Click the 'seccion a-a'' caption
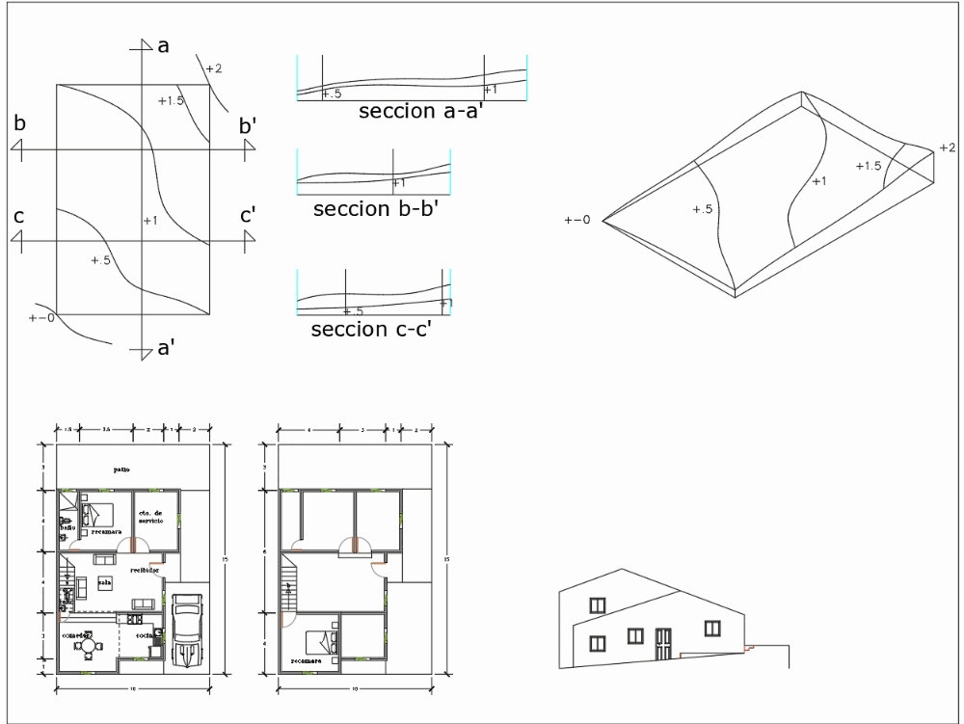[420, 111]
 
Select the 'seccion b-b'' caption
[376, 208]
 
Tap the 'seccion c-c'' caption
[370, 331]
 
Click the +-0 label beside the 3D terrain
[577, 221]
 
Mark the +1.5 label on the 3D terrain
[868, 166]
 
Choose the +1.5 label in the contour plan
[170, 100]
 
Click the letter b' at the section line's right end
[248, 126]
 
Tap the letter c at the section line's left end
[18, 216]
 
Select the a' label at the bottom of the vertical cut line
[165, 349]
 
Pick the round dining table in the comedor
[88, 644]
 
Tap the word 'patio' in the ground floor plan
[121, 469]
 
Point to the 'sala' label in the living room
[104, 582]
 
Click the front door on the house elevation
[662, 644]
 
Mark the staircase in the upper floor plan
[286, 588]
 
